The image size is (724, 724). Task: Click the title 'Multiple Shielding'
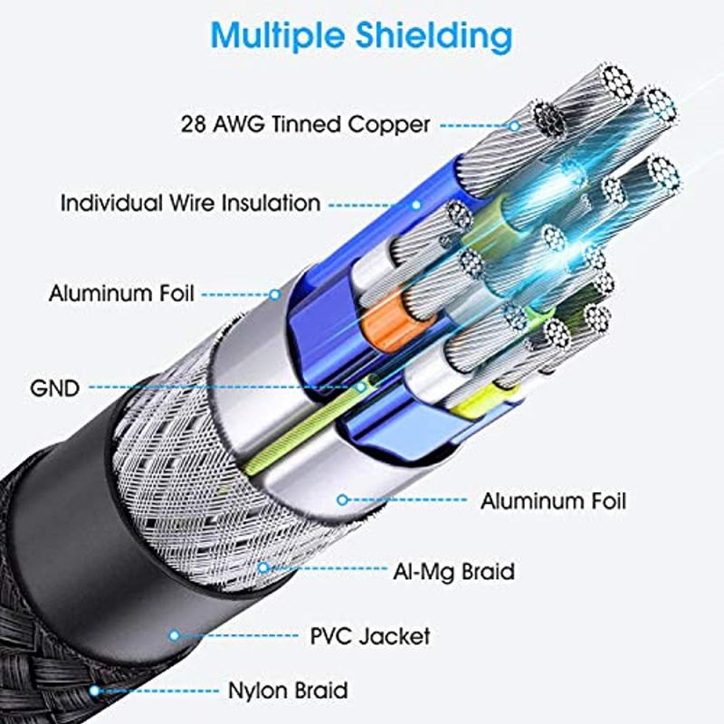pos(361,36)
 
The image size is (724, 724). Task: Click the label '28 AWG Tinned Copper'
pos(305,124)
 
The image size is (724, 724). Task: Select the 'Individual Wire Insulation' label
pos(190,202)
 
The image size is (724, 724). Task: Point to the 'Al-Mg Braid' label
pos(453,571)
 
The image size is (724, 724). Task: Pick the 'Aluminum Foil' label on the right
pos(553,500)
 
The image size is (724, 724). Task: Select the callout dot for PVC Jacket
pos(174,635)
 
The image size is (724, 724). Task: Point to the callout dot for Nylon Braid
pos(93,691)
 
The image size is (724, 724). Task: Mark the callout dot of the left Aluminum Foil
pos(275,294)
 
